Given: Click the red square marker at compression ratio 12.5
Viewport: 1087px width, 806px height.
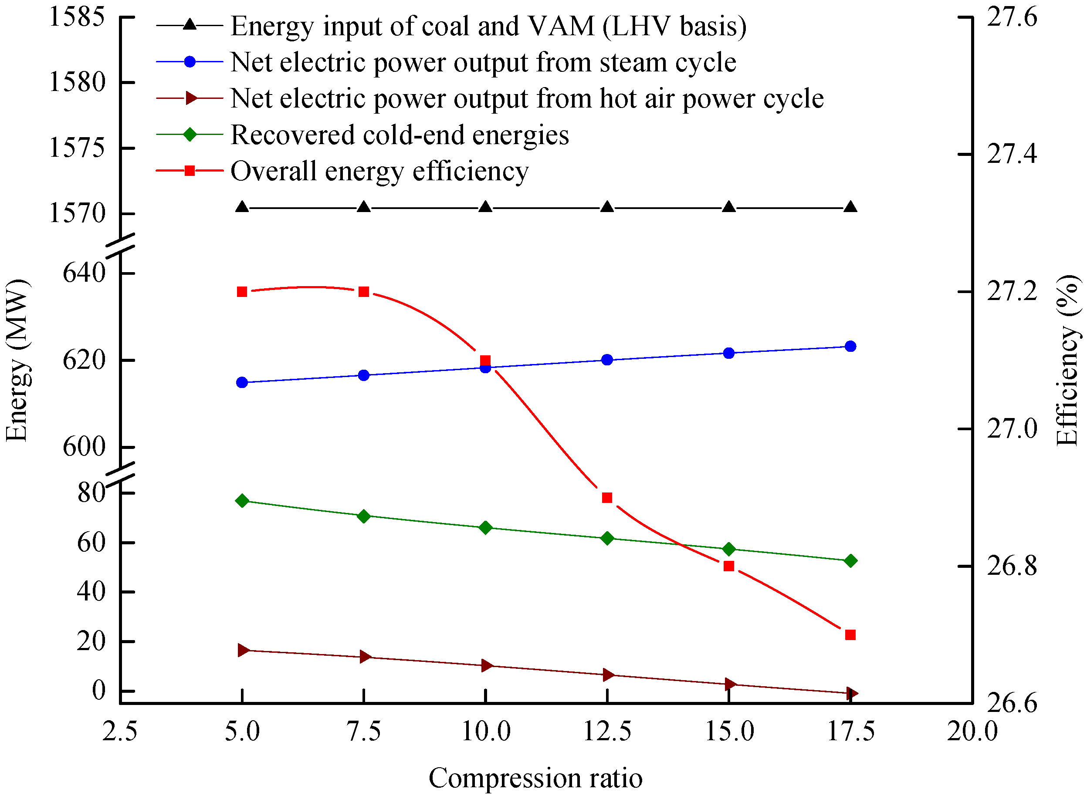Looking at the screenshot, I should pos(607,498).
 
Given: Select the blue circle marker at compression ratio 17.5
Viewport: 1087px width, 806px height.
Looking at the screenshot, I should pos(850,347).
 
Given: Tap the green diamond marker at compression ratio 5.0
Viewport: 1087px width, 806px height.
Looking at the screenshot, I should pos(242,501).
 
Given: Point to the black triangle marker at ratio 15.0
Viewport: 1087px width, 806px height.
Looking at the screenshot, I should pos(729,207).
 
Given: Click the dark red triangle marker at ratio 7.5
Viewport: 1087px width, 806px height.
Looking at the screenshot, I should pos(364,657).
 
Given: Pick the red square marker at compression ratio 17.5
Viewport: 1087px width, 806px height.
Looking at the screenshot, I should pos(850,635).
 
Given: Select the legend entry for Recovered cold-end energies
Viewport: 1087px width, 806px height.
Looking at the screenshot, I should pos(399,135).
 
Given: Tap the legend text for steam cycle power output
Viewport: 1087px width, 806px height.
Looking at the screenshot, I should pos(483,62).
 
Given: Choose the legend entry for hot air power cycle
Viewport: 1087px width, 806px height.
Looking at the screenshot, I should pos(527,98).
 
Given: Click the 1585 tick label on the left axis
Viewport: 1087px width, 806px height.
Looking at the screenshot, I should pos(77,17).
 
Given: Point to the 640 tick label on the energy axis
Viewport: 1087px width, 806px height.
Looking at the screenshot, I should pos(84,272).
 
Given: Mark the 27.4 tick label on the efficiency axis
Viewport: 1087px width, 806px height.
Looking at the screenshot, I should pos(1012,155).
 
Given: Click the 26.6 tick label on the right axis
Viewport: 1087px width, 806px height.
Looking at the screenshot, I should pos(1012,703).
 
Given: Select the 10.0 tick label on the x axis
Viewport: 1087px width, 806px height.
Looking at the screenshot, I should pos(486,732).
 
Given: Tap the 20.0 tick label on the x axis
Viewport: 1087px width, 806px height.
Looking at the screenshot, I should pos(972,732).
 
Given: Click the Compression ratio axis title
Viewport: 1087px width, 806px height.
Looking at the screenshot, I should pos(535,778).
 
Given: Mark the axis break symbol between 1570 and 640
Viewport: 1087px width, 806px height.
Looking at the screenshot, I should pos(120,244).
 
